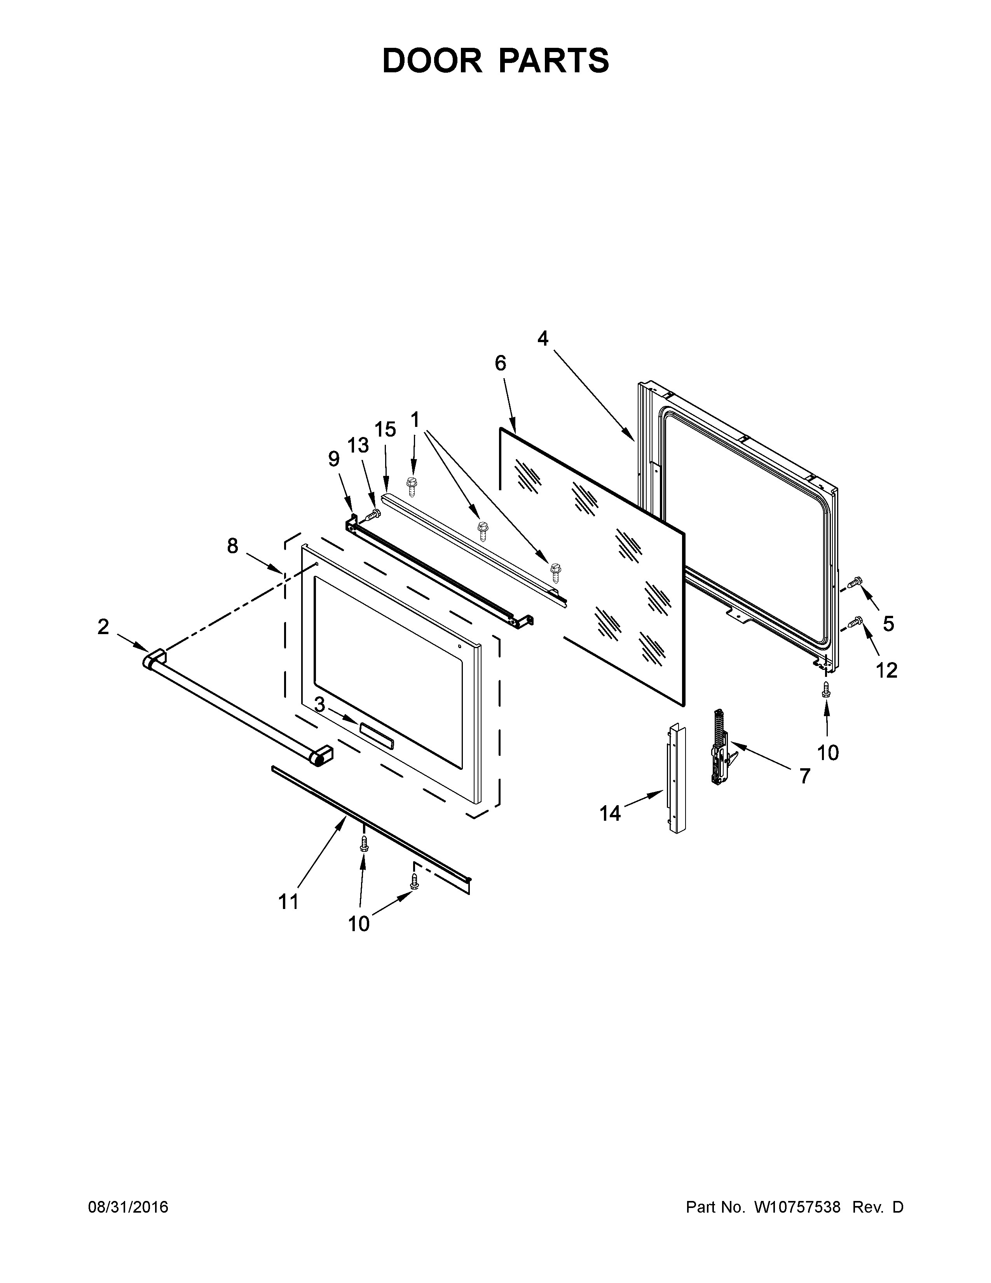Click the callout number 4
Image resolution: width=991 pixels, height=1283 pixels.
[x=543, y=338]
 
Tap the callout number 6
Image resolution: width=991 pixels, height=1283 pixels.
[x=500, y=364]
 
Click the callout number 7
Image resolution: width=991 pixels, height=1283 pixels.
[x=804, y=776]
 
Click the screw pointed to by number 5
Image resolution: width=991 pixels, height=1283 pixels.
[x=855, y=582]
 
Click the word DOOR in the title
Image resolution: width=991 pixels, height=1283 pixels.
[x=432, y=61]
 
